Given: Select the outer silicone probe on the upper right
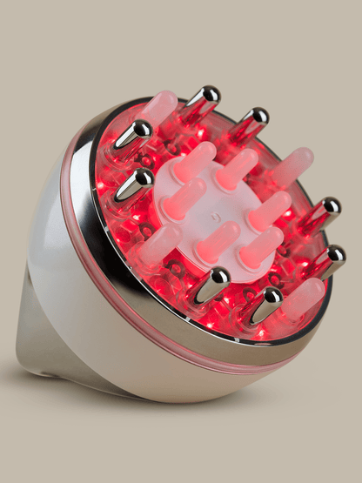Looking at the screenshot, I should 294,165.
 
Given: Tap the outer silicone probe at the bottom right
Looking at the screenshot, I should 302,296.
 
